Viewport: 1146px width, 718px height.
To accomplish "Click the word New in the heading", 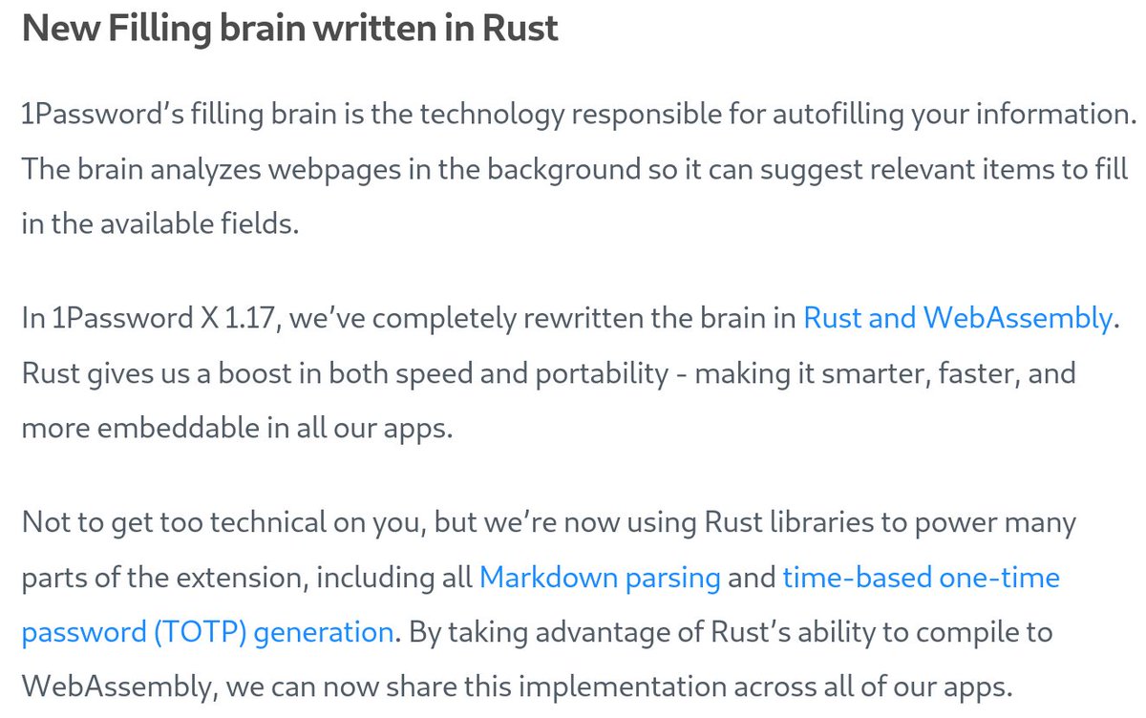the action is tap(58, 29).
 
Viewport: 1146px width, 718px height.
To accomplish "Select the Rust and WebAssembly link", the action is tap(958, 318).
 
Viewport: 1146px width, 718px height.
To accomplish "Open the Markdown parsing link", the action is tap(600, 578).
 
